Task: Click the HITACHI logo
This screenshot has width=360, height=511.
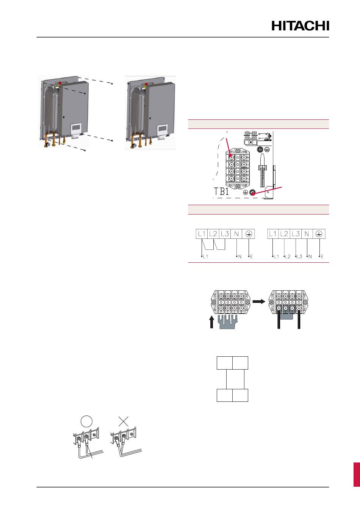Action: (x=300, y=26)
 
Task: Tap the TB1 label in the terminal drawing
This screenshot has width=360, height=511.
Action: (x=221, y=192)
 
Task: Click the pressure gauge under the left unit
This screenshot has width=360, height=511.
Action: (x=48, y=144)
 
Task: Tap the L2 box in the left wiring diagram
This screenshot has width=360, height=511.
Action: (x=213, y=234)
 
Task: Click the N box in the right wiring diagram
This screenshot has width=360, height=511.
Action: (x=307, y=234)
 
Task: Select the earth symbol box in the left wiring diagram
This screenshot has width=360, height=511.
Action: (x=249, y=234)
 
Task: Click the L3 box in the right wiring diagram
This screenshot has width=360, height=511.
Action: (x=296, y=234)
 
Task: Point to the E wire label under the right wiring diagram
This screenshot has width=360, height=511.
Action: (x=322, y=257)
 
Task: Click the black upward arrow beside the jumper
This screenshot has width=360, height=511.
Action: (x=211, y=323)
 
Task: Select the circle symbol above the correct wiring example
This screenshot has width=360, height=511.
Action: (x=87, y=421)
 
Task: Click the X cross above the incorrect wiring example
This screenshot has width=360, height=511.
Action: (x=123, y=421)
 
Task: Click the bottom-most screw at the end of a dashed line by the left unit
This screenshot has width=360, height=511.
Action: (x=85, y=150)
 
